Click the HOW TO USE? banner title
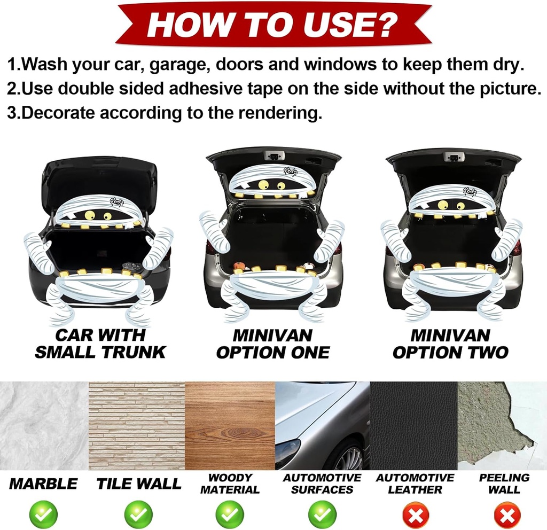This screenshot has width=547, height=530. tap(272, 25)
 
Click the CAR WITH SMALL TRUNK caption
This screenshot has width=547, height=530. tap(100, 344)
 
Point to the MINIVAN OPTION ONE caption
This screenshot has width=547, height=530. tap(273, 344)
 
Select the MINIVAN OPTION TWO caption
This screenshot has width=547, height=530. tap(450, 344)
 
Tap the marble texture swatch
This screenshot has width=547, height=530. tap(44, 426)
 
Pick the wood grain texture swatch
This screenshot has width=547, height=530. tap(230, 426)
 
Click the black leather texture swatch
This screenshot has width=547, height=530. tap(413, 426)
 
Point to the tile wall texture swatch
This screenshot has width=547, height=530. tap(137, 426)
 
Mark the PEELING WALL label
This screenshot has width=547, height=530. tap(504, 483)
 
